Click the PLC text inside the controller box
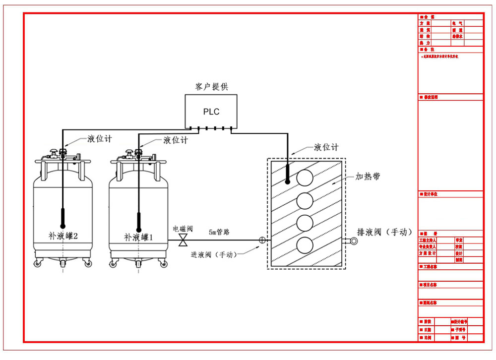coord(211,112)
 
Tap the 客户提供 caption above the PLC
coord(212,87)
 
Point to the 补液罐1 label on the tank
coord(138,237)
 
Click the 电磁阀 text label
coord(183,229)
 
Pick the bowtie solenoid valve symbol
coord(183,241)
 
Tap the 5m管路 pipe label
coord(219,232)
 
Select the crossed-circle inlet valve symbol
coord(262,241)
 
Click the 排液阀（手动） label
coord(385,232)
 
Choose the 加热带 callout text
coord(368,177)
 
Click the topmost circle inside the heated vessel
coord(305,178)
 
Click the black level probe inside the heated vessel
coord(287,173)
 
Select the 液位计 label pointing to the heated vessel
coord(326,147)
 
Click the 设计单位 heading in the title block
coord(430,194)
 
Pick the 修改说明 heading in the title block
coord(430,97)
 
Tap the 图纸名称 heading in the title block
coord(430,302)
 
